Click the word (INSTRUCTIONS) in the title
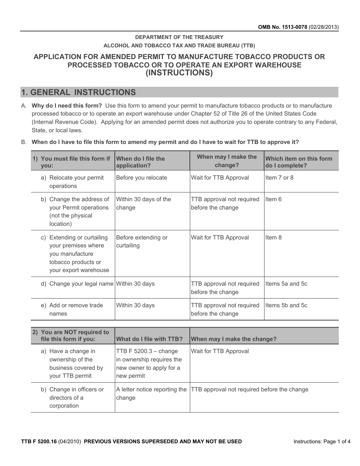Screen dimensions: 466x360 [x=179, y=73]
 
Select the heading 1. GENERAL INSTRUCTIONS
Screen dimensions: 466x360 [x=79, y=92]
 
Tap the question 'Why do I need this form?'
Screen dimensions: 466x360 [x=67, y=106]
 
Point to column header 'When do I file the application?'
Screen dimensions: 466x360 [x=141, y=162]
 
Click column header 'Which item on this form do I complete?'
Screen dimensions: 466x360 [x=299, y=162]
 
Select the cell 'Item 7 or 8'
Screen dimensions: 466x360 [x=279, y=178]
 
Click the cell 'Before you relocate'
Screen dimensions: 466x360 [x=141, y=178]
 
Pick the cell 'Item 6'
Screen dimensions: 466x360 [x=273, y=199]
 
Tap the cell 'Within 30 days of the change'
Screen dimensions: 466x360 [x=143, y=203]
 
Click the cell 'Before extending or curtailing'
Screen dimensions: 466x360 [x=141, y=241]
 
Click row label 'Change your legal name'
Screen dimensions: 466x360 [x=81, y=284]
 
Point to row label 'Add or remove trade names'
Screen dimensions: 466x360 [x=76, y=310]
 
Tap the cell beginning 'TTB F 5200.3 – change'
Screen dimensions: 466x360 [x=149, y=363]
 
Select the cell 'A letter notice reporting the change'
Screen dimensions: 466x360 [x=151, y=394]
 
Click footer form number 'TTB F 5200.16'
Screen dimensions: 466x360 [x=39, y=441]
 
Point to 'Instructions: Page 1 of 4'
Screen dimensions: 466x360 [x=322, y=441]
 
